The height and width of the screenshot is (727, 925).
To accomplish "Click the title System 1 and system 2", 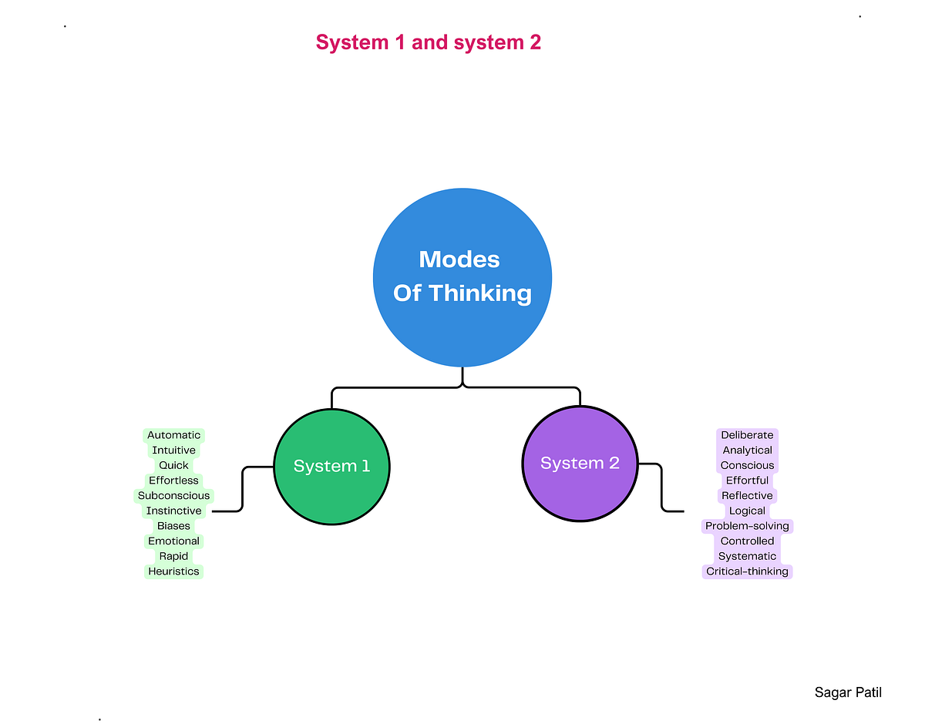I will point(428,42).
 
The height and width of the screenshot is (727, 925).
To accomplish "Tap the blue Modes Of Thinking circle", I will point(462,276).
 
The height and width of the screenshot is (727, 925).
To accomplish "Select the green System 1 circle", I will point(331,466).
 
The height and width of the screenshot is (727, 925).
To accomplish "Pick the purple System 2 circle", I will point(580,463).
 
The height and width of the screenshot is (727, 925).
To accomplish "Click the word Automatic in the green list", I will point(173,435).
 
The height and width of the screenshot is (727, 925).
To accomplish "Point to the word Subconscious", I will point(173,496).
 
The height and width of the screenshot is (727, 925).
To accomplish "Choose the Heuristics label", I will point(173,571).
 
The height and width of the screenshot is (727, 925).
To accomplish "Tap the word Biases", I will point(173,526).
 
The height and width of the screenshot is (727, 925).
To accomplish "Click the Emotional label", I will point(173,541).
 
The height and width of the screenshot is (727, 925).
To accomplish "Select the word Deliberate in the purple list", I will point(747,435).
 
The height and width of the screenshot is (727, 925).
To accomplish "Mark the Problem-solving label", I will point(747,526).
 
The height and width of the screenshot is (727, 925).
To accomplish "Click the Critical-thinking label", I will point(747,571).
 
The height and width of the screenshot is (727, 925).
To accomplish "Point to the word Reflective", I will point(747,496).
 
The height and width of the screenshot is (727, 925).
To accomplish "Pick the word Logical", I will point(747,511).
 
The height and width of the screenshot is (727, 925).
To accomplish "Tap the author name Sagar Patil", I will point(848,692).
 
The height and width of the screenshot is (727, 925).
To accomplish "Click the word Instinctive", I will point(173,511).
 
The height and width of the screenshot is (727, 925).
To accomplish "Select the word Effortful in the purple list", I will point(747,481).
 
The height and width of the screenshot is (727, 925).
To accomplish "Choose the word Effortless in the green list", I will point(173,481).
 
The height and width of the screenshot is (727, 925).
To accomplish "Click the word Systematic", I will point(747,556).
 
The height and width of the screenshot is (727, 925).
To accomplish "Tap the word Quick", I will point(173,465).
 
